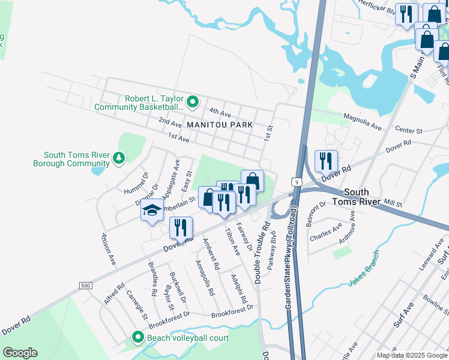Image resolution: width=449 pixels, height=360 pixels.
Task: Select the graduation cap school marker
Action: pos(152,211)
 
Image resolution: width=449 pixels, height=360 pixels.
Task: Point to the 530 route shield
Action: pos(85,286)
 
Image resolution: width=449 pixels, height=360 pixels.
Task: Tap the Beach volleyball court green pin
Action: pos(138,338)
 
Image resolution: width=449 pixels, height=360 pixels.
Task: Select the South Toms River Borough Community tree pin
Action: pos(119,158)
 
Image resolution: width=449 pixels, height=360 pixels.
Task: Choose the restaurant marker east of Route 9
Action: pos(326,160)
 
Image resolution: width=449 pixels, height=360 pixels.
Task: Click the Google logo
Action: pos(20,353)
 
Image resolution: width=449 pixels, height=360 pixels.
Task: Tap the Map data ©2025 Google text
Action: pos(411,355)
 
